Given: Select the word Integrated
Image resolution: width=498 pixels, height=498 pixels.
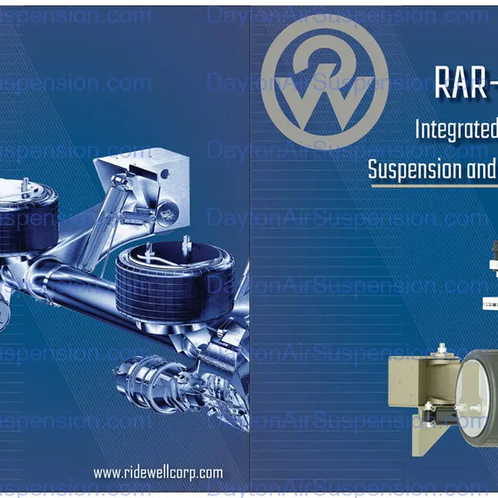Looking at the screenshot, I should tap(457, 130).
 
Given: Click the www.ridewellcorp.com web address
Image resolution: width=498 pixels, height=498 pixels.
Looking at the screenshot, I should tap(158, 473).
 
